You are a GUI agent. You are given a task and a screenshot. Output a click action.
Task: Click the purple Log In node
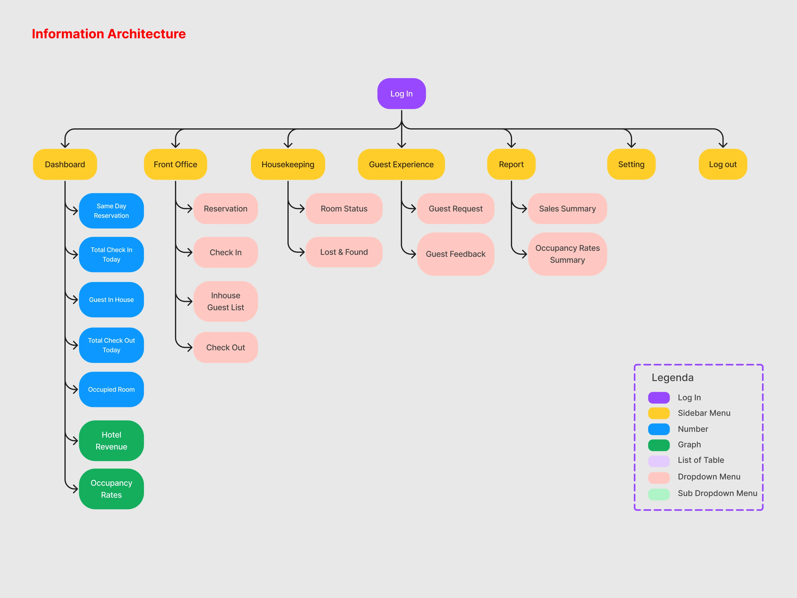pos(401,94)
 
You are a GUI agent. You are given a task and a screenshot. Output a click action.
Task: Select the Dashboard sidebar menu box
pos(65,164)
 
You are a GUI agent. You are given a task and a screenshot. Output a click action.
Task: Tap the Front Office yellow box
pos(175,164)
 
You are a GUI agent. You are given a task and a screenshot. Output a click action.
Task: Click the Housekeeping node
pos(288,164)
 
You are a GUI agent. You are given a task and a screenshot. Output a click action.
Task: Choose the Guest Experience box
pos(401,164)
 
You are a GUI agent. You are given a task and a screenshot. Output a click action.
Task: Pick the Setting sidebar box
pos(631,164)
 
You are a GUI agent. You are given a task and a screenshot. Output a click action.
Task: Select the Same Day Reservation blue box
pos(111,211)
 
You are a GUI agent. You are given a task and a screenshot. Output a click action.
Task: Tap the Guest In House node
pos(111,300)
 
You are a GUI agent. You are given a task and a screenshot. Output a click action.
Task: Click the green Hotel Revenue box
pos(111,440)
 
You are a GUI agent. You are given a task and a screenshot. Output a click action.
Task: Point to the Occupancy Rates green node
pos(111,489)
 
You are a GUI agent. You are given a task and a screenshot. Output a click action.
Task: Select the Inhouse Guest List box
pos(226,301)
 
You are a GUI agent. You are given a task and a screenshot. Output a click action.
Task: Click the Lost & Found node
pos(344,252)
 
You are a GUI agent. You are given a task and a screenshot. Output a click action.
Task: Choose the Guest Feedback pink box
pos(455,254)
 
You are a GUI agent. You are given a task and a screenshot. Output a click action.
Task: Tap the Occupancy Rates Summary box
pos(567,254)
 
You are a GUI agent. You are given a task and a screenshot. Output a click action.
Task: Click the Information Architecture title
pos(109,34)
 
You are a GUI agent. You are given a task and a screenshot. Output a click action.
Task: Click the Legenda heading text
pos(672,377)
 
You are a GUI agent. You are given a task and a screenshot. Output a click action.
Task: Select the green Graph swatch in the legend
pos(659,445)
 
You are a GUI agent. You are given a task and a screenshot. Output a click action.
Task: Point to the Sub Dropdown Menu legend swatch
pos(659,494)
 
